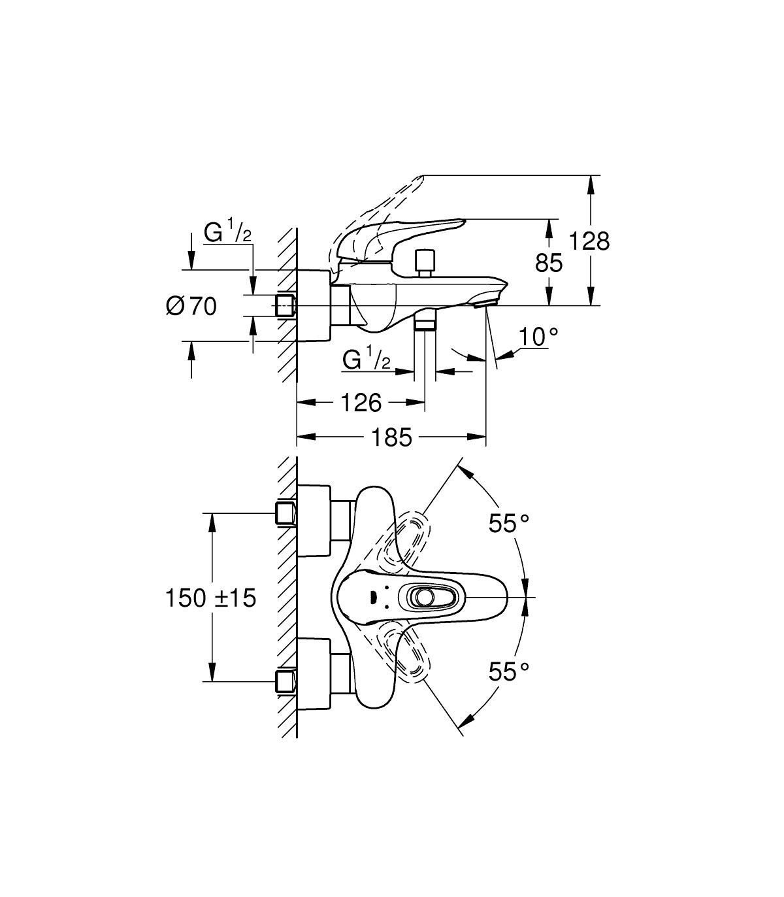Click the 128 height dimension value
click(589, 241)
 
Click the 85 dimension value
click(549, 263)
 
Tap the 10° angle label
click(538, 337)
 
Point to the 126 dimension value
click(361, 403)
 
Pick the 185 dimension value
click(391, 437)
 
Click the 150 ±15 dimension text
click(210, 598)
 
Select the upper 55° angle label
click(509, 523)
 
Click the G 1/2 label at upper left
click(228, 232)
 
